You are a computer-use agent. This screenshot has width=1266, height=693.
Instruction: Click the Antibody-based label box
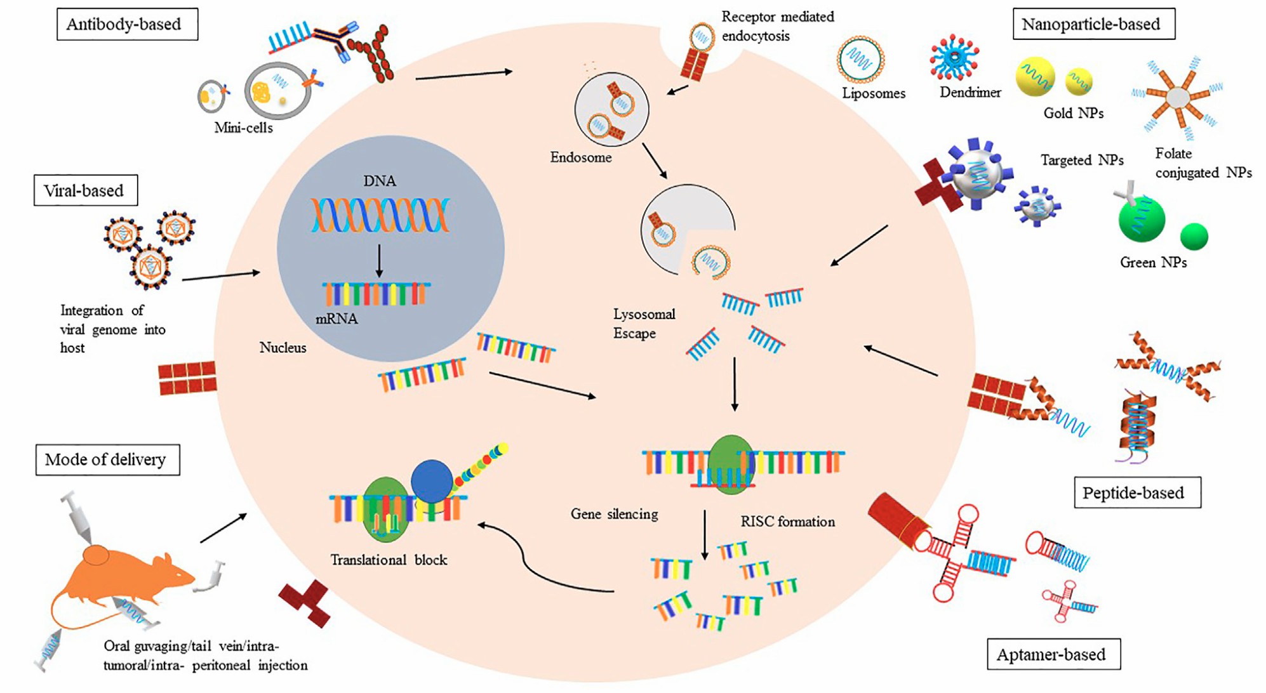(127, 24)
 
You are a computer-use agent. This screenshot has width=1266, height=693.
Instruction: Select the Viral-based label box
(85, 190)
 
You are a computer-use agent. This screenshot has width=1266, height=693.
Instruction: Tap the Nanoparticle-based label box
(1093, 24)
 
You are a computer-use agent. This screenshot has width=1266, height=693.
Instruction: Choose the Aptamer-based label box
(1053, 654)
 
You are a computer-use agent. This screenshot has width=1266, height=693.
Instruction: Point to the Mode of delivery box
(107, 459)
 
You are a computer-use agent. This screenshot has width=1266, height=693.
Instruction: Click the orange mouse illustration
(127, 577)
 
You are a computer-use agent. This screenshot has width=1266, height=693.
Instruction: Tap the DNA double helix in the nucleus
(380, 214)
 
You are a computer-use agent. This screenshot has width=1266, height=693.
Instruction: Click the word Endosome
(580, 157)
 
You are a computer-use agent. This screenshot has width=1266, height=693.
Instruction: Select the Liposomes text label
(873, 93)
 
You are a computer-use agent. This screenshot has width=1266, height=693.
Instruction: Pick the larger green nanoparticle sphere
(1141, 219)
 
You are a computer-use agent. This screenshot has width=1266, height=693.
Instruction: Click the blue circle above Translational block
(432, 480)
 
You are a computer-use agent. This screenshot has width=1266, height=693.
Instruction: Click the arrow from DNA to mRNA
(379, 260)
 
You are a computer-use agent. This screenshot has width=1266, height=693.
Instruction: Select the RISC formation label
(787, 522)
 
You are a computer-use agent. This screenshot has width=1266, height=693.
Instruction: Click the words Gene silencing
(614, 514)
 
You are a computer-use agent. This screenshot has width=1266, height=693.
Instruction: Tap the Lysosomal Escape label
(643, 324)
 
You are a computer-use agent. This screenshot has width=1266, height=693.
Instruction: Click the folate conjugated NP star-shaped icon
(1178, 97)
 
